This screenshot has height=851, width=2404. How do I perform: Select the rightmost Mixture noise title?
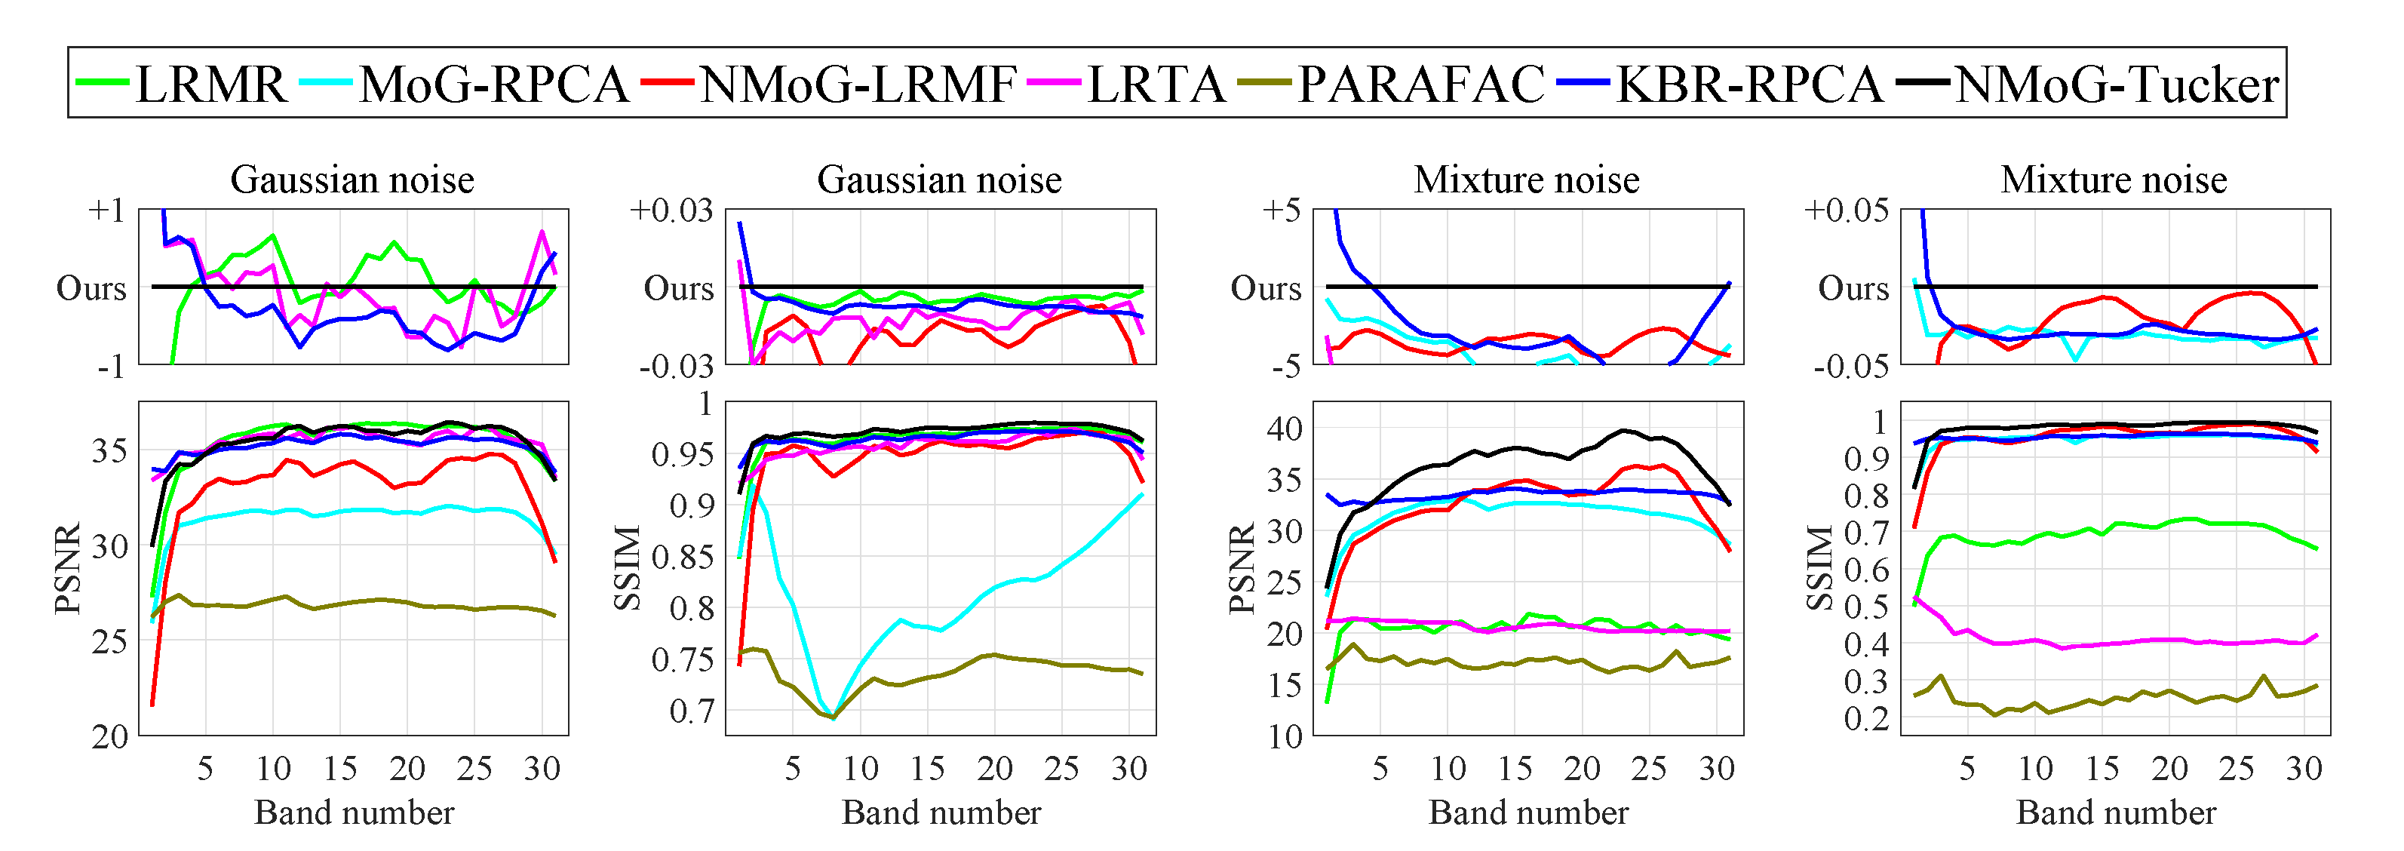click(x=2114, y=179)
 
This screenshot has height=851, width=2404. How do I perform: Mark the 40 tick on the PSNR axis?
click(x=1284, y=429)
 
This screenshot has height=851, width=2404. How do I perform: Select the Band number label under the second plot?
click(x=941, y=813)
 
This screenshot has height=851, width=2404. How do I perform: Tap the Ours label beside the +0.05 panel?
click(x=1853, y=288)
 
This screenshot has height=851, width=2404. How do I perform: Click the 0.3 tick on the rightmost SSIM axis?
click(x=1865, y=682)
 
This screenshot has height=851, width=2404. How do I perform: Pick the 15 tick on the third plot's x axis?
click(x=1515, y=769)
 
